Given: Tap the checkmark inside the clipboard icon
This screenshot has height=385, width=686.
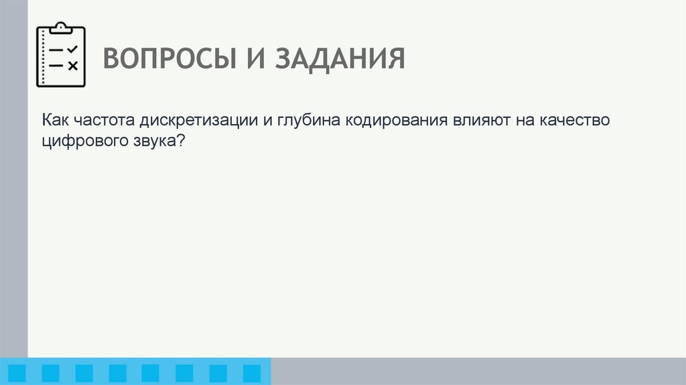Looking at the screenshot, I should click(73, 50).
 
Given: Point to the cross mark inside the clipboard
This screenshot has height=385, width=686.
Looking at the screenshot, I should click(73, 65).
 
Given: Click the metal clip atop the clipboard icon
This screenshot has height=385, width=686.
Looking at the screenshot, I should click(60, 27).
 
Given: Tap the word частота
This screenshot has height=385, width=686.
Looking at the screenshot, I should click(105, 120).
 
